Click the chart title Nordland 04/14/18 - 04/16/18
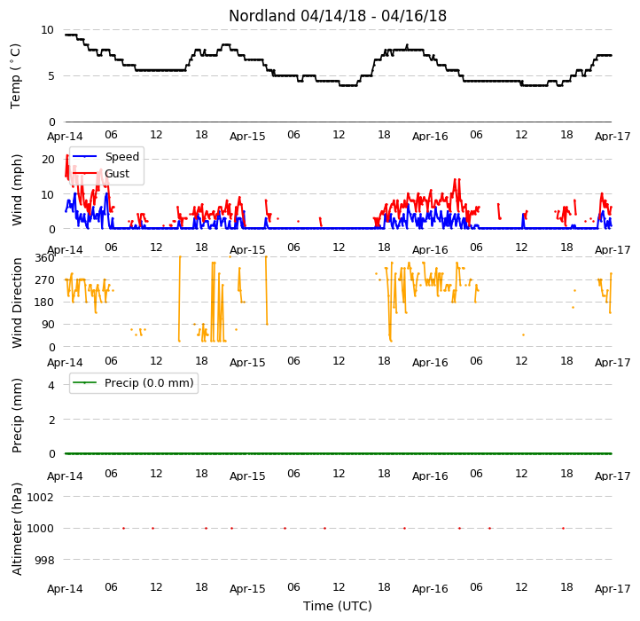pyautogui.click(x=338, y=16)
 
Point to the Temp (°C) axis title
pyautogui.click(x=15, y=76)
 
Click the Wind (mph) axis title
pyautogui.click(x=16, y=190)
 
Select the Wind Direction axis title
pyautogui.click(x=16, y=303)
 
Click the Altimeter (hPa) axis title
pyautogui.click(x=16, y=529)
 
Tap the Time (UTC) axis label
pyautogui.click(x=338, y=606)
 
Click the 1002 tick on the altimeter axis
pyautogui.click(x=40, y=497)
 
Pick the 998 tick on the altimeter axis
pyautogui.click(x=44, y=560)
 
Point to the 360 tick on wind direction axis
pyautogui.click(x=44, y=258)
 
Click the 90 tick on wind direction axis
pyautogui.click(x=48, y=325)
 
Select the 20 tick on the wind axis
pyautogui.click(x=48, y=160)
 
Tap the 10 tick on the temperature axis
pyautogui.click(x=47, y=30)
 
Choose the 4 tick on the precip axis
pyautogui.click(x=51, y=385)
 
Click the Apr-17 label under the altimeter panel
pyautogui.click(x=613, y=589)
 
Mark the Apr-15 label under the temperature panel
pyautogui.click(x=247, y=136)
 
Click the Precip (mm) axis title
pyautogui.click(x=16, y=415)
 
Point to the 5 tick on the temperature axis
pyautogui.click(x=51, y=76)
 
